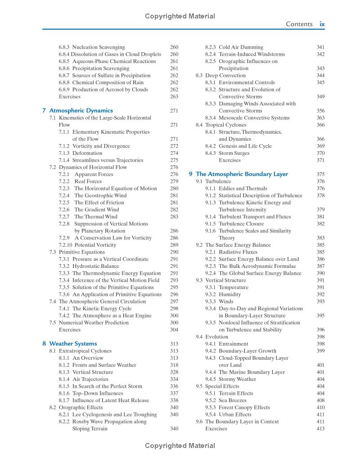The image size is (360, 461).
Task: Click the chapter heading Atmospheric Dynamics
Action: click(81, 110)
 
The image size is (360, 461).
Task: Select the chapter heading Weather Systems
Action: click(73, 343)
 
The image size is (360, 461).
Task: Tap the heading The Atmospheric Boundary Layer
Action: click(242, 174)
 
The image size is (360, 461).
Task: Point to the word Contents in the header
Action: click(299, 24)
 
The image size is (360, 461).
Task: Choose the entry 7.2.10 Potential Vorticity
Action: click(87, 245)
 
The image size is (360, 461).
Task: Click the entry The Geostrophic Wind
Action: click(100, 195)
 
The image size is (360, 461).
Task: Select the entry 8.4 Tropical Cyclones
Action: click(221, 125)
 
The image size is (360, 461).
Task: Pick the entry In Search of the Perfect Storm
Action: click(107, 386)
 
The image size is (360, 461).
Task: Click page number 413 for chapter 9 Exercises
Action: click(320, 429)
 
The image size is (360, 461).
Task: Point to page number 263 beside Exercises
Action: click(174, 96)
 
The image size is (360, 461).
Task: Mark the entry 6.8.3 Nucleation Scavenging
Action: click(92, 47)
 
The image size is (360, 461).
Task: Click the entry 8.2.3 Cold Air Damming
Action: click(234, 47)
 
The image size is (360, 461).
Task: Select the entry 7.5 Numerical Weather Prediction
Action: click(89, 323)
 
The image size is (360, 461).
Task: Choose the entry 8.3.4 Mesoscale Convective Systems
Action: click(254, 118)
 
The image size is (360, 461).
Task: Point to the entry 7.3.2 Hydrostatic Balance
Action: click(89, 266)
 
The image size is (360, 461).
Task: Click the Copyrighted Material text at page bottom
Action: click(180, 446)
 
